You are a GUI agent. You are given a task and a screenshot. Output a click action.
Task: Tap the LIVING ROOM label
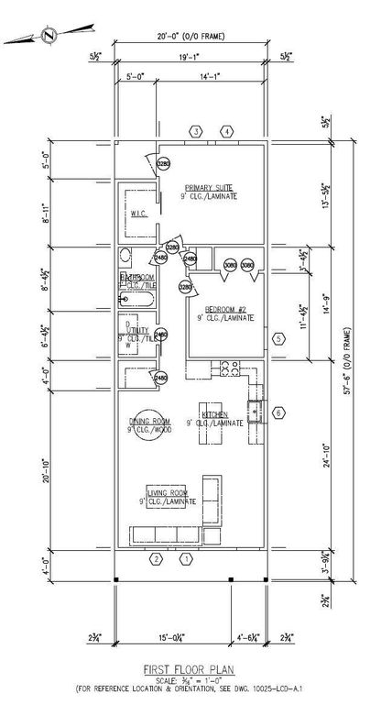pos(169,498)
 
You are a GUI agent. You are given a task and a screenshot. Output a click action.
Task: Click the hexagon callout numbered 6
pos(279,413)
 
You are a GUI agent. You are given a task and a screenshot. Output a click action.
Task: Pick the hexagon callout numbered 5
pos(278,338)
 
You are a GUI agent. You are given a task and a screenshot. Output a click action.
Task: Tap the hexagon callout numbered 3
pos(196,132)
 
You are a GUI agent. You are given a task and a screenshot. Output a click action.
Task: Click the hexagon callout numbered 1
pos(186,558)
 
